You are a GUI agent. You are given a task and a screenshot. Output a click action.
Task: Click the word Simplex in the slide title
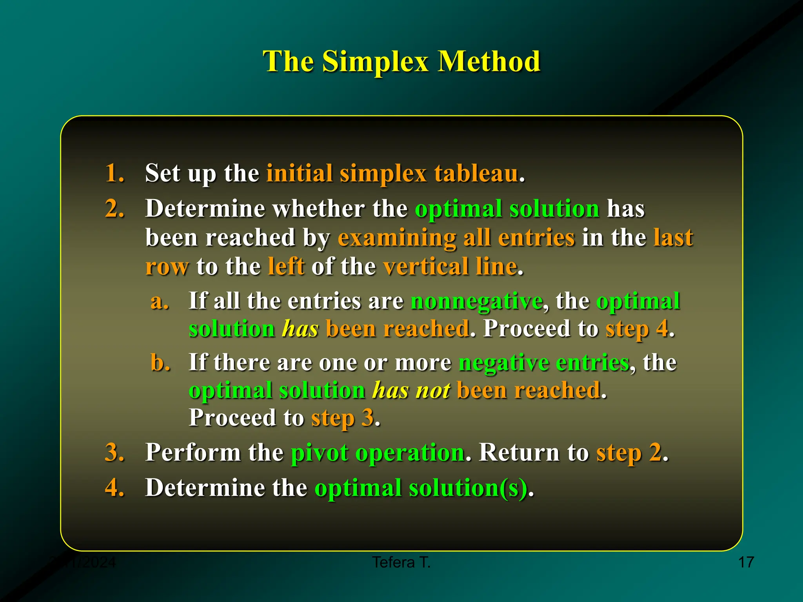coord(375,62)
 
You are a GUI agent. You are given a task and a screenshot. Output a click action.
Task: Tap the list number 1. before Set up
coord(114,173)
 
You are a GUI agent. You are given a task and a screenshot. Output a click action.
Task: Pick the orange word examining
coord(396,238)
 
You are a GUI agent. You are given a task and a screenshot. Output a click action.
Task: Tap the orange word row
coord(167,267)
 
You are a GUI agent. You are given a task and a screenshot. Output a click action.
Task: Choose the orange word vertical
coord(425,267)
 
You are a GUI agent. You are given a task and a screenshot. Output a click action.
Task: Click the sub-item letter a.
coord(160,301)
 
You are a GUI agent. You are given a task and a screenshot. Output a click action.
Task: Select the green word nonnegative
coord(476,301)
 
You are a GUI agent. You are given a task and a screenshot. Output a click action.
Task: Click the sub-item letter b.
coord(160,362)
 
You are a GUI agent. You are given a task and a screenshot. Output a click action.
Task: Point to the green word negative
coord(503,362)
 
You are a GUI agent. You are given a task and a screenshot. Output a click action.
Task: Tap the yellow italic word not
coord(432,390)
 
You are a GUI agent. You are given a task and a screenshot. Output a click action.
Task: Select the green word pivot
coord(319,453)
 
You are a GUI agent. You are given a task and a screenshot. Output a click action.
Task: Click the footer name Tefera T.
coord(401,562)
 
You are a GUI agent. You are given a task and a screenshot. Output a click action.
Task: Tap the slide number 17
coord(746,562)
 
